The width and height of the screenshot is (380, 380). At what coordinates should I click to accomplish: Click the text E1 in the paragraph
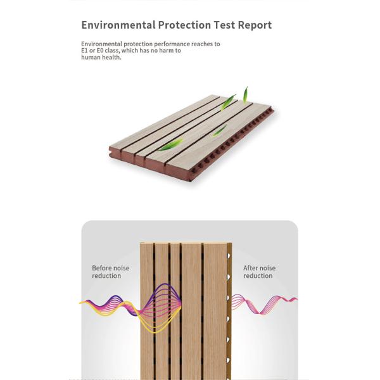[84, 51]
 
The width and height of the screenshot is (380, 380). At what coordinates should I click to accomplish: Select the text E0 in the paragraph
[99, 51]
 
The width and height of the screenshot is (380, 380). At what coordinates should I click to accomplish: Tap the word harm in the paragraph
[165, 51]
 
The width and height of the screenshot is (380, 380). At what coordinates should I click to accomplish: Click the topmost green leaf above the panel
[245, 94]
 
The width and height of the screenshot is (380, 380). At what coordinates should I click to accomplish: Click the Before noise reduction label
[110, 272]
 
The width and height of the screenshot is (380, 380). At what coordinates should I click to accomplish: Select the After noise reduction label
[259, 272]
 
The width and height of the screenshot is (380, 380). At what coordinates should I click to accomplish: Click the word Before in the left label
[102, 268]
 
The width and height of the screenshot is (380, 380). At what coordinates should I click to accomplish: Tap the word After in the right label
[251, 268]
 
